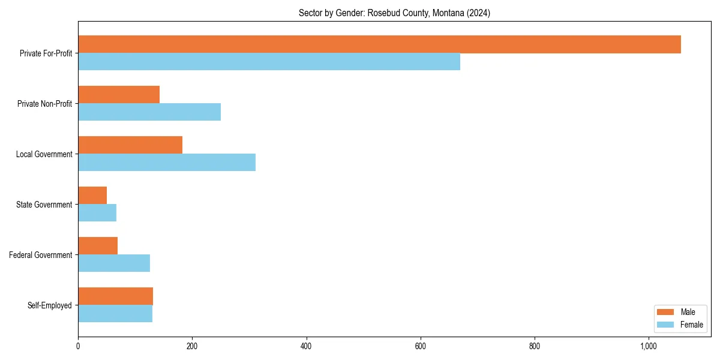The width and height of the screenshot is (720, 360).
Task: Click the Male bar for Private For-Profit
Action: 379,44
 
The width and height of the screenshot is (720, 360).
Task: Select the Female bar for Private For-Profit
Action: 269,62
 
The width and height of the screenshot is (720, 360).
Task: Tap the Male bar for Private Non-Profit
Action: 119,95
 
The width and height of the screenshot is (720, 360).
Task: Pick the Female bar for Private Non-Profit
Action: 149,112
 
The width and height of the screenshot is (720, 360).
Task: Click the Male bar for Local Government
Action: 130,145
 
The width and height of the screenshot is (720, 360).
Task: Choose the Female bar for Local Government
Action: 167,163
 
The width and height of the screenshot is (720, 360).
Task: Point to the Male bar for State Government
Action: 92,196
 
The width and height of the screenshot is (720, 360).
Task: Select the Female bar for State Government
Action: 97,213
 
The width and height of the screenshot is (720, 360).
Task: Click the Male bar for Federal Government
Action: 98,246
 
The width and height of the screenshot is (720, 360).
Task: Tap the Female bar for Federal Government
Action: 114,263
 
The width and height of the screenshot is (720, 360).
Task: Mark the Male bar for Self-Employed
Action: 115,296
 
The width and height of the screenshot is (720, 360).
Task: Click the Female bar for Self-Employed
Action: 115,314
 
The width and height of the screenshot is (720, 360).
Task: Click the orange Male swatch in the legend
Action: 665,312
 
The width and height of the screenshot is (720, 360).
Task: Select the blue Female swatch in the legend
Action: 665,325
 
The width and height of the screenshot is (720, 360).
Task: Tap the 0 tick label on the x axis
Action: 78,346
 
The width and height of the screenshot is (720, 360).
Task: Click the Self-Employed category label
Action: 49,305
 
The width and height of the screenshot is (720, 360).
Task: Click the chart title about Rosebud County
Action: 394,13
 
